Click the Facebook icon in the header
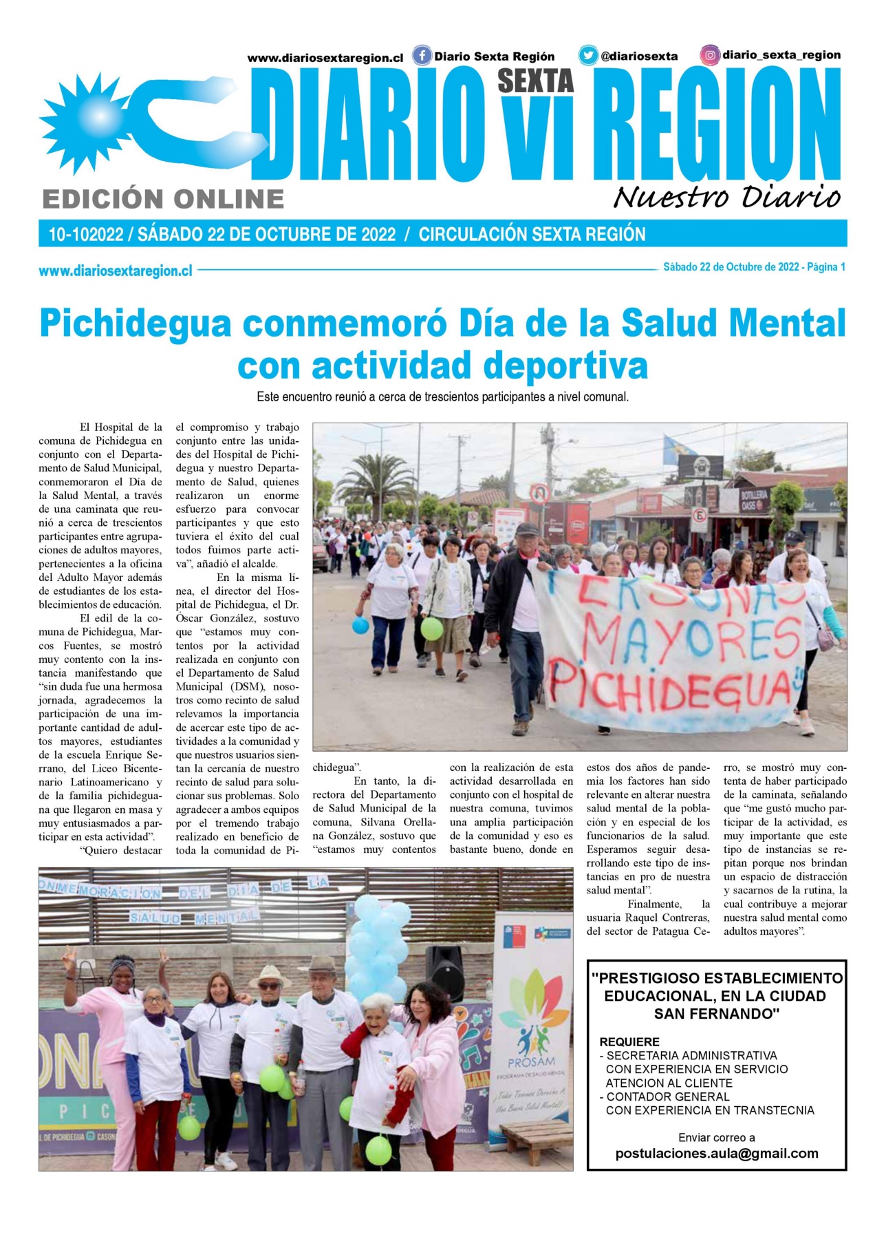tap(422, 55)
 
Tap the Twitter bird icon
tap(587, 55)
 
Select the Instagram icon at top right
tap(710, 54)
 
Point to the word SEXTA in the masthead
tap(535, 81)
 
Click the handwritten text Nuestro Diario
tap(726, 197)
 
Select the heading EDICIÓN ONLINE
tap(163, 199)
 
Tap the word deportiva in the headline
tap(565, 365)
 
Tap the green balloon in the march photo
tap(431, 628)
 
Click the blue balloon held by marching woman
tap(360, 625)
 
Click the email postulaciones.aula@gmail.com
tap(716, 1153)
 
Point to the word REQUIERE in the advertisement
tap(629, 1041)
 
